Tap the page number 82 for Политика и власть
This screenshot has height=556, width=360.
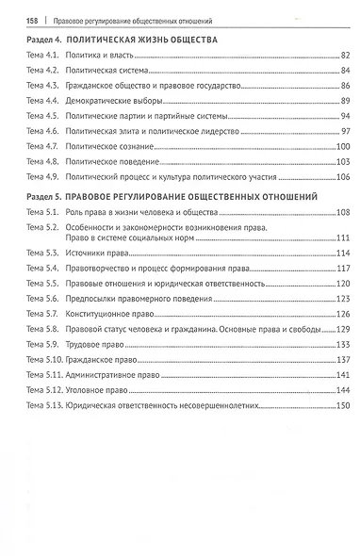pyautogui.click(x=345, y=58)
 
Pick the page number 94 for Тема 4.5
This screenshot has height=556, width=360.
pyautogui.click(x=345, y=114)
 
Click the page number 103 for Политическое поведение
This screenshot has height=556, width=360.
pyautogui.click(x=343, y=162)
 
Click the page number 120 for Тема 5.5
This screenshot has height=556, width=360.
pyautogui.click(x=343, y=285)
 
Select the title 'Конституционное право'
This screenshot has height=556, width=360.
pyautogui.click(x=104, y=314)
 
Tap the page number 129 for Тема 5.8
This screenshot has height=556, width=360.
pyautogui.click(x=343, y=329)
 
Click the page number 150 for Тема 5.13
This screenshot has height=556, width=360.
pyautogui.click(x=343, y=405)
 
